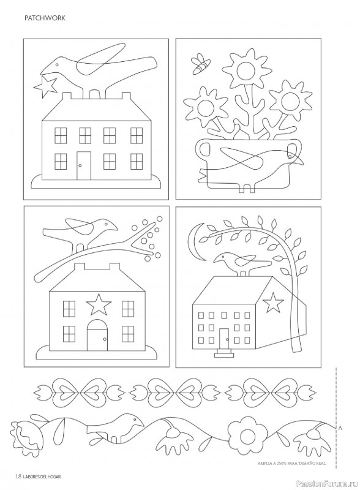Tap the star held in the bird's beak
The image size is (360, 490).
[x=46, y=85]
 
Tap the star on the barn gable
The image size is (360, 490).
[x=274, y=301]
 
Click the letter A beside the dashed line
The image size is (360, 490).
[x=340, y=428]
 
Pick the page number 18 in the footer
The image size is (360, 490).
[x=18, y=477]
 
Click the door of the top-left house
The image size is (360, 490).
[x=84, y=165]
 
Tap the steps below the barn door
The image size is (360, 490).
[x=224, y=353]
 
